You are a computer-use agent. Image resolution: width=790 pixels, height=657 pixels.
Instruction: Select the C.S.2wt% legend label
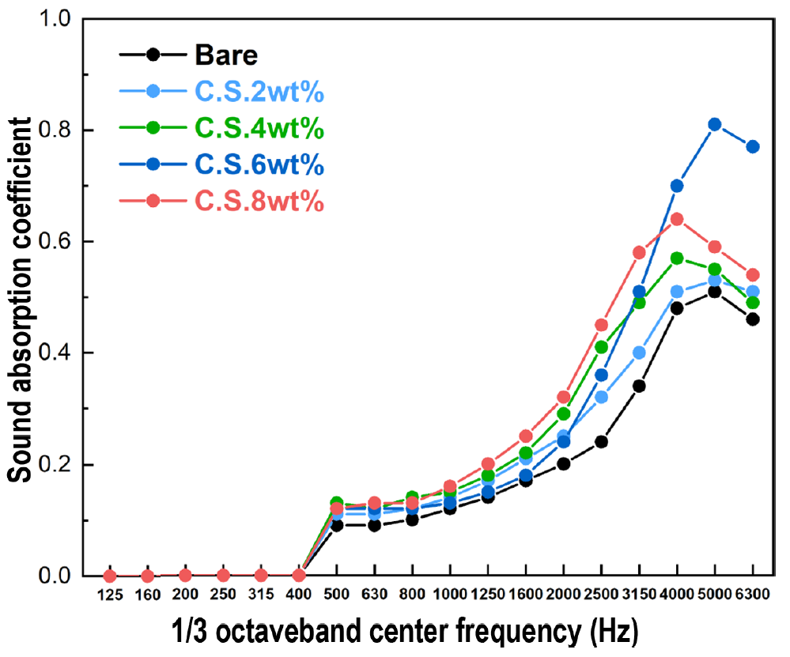[x=259, y=93]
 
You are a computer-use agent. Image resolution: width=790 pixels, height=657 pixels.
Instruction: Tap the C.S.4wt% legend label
[x=259, y=129]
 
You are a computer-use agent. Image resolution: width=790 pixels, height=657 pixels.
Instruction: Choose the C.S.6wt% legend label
[x=259, y=165]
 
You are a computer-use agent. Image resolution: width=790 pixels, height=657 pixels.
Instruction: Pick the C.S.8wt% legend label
[x=259, y=202]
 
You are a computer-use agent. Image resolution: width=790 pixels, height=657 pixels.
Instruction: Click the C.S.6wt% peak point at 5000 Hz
[x=715, y=124]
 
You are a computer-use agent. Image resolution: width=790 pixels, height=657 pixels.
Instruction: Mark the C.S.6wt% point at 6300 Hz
[x=753, y=146]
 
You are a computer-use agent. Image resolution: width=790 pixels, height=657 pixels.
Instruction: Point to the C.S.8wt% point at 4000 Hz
[x=677, y=219]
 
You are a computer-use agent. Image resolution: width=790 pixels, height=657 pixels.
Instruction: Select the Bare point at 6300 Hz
[x=753, y=319]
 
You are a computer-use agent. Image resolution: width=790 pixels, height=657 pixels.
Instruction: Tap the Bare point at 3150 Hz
[x=639, y=386]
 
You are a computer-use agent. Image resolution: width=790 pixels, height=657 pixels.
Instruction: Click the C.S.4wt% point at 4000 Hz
[x=677, y=258]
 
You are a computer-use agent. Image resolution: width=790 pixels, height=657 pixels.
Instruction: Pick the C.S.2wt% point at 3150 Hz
[x=639, y=353]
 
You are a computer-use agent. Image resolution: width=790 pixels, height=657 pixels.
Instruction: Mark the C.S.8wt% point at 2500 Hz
[x=601, y=325]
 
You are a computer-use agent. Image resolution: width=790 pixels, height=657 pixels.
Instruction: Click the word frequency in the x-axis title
[x=499, y=633]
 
